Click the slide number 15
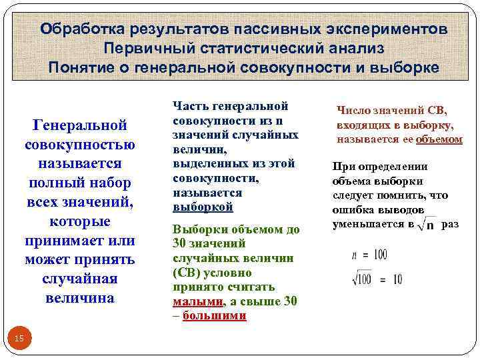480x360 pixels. tap(19, 339)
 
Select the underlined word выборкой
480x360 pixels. tap(203, 207)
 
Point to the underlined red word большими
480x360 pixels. tap(214, 315)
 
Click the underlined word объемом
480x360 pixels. tap(439, 139)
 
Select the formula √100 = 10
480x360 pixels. tap(377, 279)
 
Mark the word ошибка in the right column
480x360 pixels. tap(353, 209)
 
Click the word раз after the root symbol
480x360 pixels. tap(450, 224)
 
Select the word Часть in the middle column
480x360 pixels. tap(189, 105)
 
